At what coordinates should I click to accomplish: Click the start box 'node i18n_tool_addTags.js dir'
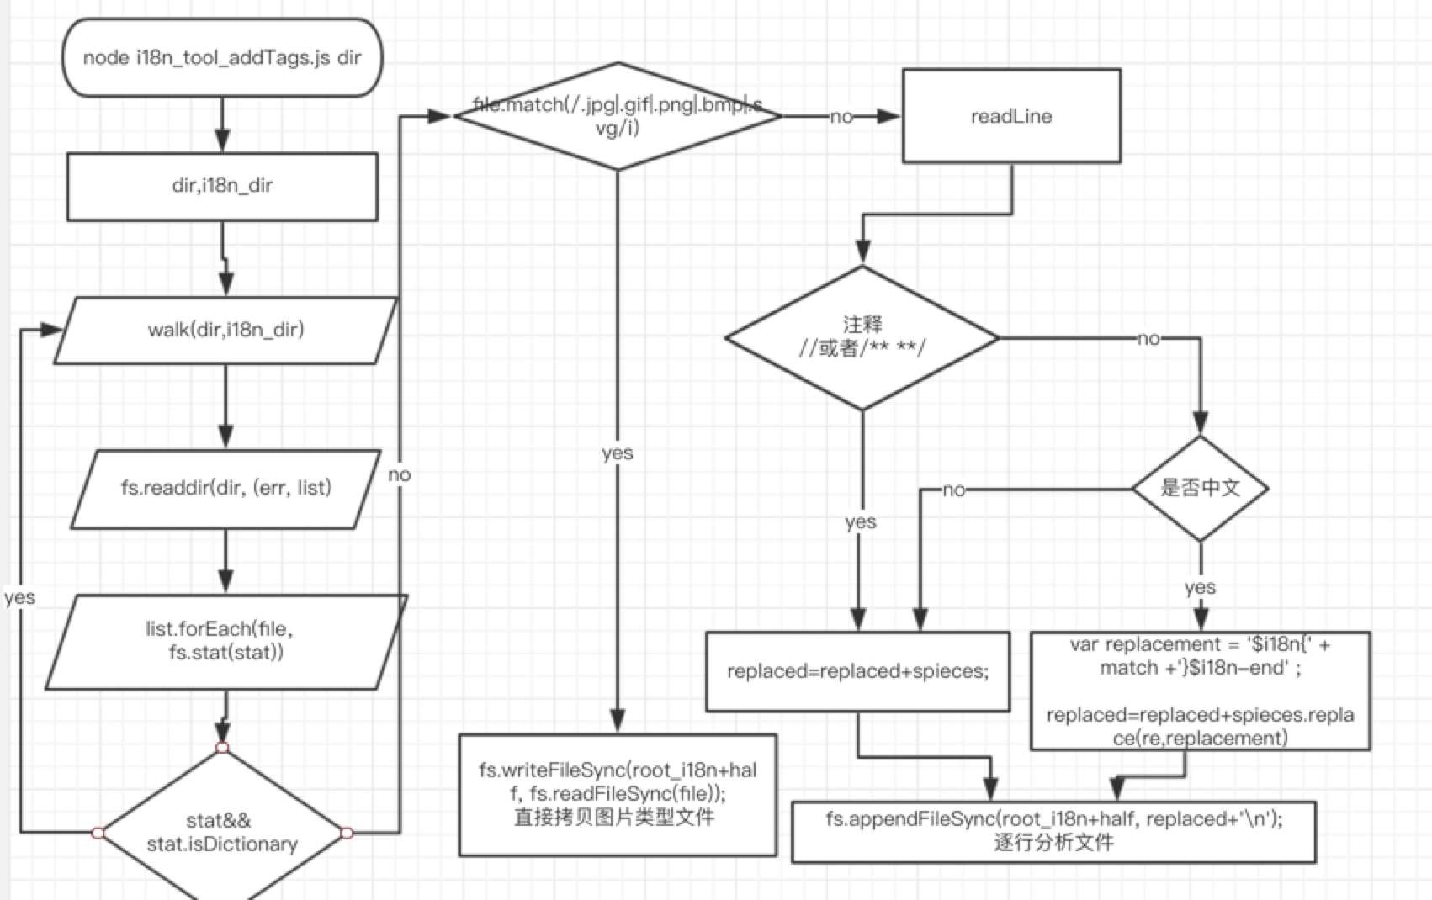click(222, 57)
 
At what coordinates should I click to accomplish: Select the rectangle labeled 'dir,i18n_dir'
click(222, 186)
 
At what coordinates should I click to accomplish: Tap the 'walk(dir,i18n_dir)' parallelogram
click(225, 330)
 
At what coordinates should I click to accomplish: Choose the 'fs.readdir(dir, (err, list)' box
click(225, 488)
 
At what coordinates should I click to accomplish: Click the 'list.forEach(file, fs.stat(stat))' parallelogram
click(225, 641)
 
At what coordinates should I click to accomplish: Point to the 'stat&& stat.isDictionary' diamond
click(222, 831)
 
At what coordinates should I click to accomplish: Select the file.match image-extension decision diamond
click(618, 116)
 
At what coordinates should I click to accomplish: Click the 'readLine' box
click(1011, 116)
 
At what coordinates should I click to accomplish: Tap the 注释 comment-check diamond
click(862, 337)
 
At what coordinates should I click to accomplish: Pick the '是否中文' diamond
click(1200, 488)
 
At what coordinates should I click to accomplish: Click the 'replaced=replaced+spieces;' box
click(857, 671)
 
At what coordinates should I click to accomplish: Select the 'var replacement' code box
click(1200, 691)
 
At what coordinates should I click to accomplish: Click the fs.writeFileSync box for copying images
click(617, 794)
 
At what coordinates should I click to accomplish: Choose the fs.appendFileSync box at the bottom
click(1053, 831)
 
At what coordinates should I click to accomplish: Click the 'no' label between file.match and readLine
click(841, 117)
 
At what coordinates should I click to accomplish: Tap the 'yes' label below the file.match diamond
click(618, 453)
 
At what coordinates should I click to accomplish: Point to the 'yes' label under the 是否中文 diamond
click(1200, 587)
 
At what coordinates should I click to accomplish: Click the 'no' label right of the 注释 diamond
click(1148, 339)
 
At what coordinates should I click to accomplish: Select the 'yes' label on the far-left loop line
click(19, 597)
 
